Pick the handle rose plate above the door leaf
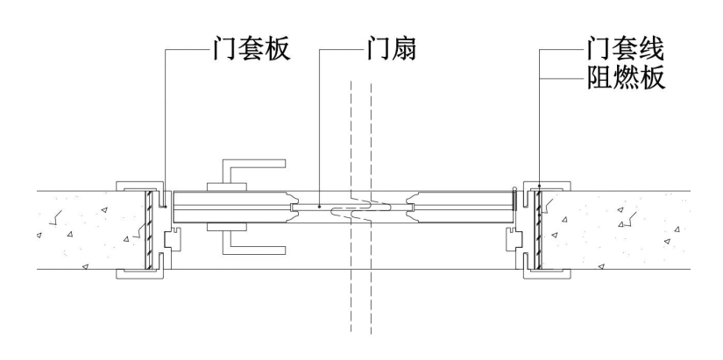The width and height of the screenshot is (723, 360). click(228, 187)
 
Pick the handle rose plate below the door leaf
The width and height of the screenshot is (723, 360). click(228, 227)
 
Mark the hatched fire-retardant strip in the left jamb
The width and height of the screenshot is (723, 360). click(151, 229)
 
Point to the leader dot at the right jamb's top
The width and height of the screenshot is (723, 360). click(540, 186)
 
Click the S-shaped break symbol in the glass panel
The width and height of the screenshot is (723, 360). click(367, 209)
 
